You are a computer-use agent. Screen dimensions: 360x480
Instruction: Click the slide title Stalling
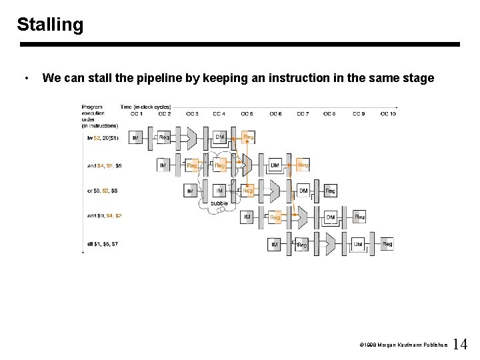[50, 25]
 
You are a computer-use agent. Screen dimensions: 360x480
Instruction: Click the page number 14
[460, 345]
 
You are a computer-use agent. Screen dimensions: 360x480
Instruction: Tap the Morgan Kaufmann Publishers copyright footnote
[403, 345]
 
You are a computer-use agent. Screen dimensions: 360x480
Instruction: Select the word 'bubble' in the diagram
[219, 203]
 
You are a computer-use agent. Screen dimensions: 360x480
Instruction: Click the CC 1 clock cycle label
[137, 113]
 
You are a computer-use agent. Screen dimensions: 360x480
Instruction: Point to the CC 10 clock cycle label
[388, 113]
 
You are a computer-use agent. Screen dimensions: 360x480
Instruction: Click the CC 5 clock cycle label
[247, 113]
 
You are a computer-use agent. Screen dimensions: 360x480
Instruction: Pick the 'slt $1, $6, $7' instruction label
[102, 244]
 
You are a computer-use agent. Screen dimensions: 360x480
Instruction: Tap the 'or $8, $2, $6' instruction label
[103, 191]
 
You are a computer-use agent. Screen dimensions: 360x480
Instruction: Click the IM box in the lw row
[136, 138]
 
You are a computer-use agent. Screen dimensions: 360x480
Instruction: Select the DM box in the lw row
[219, 138]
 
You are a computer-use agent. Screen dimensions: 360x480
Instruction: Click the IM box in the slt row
[275, 245]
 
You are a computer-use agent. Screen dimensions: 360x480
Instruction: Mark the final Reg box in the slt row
[387, 245]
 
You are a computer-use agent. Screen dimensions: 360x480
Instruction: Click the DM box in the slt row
[358, 245]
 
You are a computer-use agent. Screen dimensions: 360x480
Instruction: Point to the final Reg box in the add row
[359, 217]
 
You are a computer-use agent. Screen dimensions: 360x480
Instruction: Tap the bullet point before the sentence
[25, 79]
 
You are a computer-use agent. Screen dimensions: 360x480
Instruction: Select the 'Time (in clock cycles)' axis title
[145, 107]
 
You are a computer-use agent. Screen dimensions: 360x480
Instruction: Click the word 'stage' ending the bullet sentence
[418, 78]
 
